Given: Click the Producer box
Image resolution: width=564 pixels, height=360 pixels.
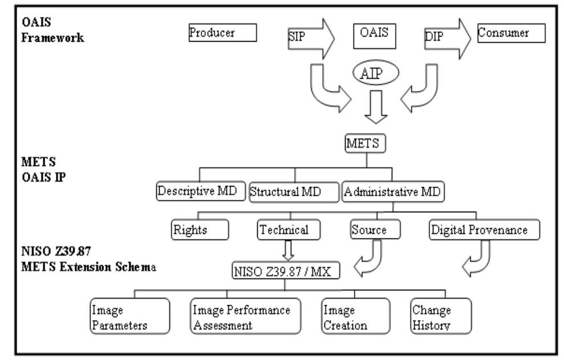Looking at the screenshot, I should pyautogui.click(x=222, y=33).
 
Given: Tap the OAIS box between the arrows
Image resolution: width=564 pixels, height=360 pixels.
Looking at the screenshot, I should pyautogui.click(x=374, y=34).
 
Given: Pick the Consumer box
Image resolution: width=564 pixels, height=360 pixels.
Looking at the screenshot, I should pyautogui.click(x=511, y=33).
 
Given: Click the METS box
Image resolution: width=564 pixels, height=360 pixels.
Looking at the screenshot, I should pyautogui.click(x=366, y=144).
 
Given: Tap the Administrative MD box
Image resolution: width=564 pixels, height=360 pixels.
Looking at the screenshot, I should pyautogui.click(x=393, y=192).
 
